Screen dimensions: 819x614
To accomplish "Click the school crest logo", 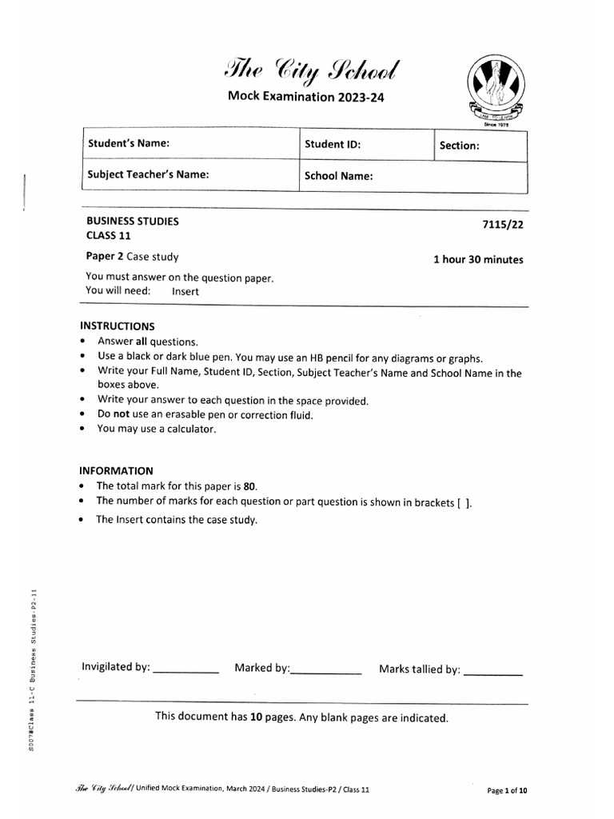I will [496, 87].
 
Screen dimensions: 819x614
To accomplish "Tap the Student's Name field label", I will [129, 144].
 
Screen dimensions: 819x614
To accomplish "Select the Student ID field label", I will [333, 146].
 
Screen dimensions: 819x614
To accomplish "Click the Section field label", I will [460, 146].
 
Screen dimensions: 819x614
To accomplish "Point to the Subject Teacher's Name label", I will [148, 174].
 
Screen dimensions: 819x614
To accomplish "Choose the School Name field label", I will [339, 176].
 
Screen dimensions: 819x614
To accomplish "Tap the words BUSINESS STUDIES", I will [133, 221].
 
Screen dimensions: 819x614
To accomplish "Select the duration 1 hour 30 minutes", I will [478, 259].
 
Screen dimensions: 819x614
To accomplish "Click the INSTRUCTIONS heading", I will [118, 326].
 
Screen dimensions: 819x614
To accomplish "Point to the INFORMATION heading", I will [116, 471].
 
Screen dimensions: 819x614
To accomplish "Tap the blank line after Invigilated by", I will [185, 670].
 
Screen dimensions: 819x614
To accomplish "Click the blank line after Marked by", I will [326, 671].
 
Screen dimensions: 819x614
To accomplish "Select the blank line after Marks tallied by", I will [493, 672].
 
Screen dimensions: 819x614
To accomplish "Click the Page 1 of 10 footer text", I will [508, 790].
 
